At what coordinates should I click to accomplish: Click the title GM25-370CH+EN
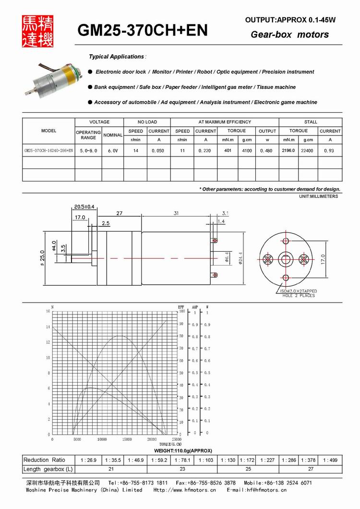pyautogui.click(x=143, y=31)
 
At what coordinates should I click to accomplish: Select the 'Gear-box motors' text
pyautogui.click(x=290, y=35)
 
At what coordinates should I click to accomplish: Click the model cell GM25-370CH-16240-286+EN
pyautogui.click(x=48, y=151)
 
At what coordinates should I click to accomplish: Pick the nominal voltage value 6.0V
pyautogui.click(x=113, y=151)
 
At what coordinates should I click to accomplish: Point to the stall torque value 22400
pyautogui.click(x=307, y=151)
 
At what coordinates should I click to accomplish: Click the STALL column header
pyautogui.click(x=311, y=122)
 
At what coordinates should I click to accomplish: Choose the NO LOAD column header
pyautogui.click(x=147, y=122)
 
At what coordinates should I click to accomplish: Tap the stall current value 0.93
pyautogui.click(x=330, y=151)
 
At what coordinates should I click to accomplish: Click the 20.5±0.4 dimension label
pyautogui.click(x=84, y=207)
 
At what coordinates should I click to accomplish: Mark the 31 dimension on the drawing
pyautogui.click(x=177, y=214)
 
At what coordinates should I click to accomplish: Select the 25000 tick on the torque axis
pyautogui.click(x=176, y=439)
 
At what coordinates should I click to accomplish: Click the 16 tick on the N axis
pyautogui.click(x=48, y=311)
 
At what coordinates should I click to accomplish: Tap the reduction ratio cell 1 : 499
pyautogui.click(x=330, y=460)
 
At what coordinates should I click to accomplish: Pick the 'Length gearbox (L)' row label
pyautogui.click(x=48, y=469)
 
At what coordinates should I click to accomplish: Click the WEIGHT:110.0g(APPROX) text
pyautogui.click(x=183, y=451)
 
